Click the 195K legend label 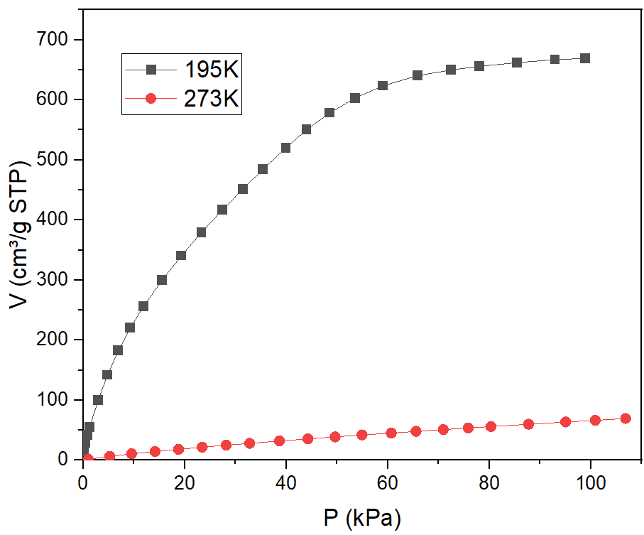tap(211, 70)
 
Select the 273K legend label tap(211, 99)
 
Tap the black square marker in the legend tap(151, 70)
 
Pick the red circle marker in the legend tap(151, 99)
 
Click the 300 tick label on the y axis tap(58, 280)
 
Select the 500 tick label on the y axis tap(58, 160)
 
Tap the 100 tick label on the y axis tap(58, 400)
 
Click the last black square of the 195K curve tap(585, 58)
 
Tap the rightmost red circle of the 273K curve tap(626, 418)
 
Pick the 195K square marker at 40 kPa tap(286, 148)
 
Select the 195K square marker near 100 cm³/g tap(98, 400)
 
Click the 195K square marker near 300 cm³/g tap(162, 280)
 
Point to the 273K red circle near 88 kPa tap(528, 424)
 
